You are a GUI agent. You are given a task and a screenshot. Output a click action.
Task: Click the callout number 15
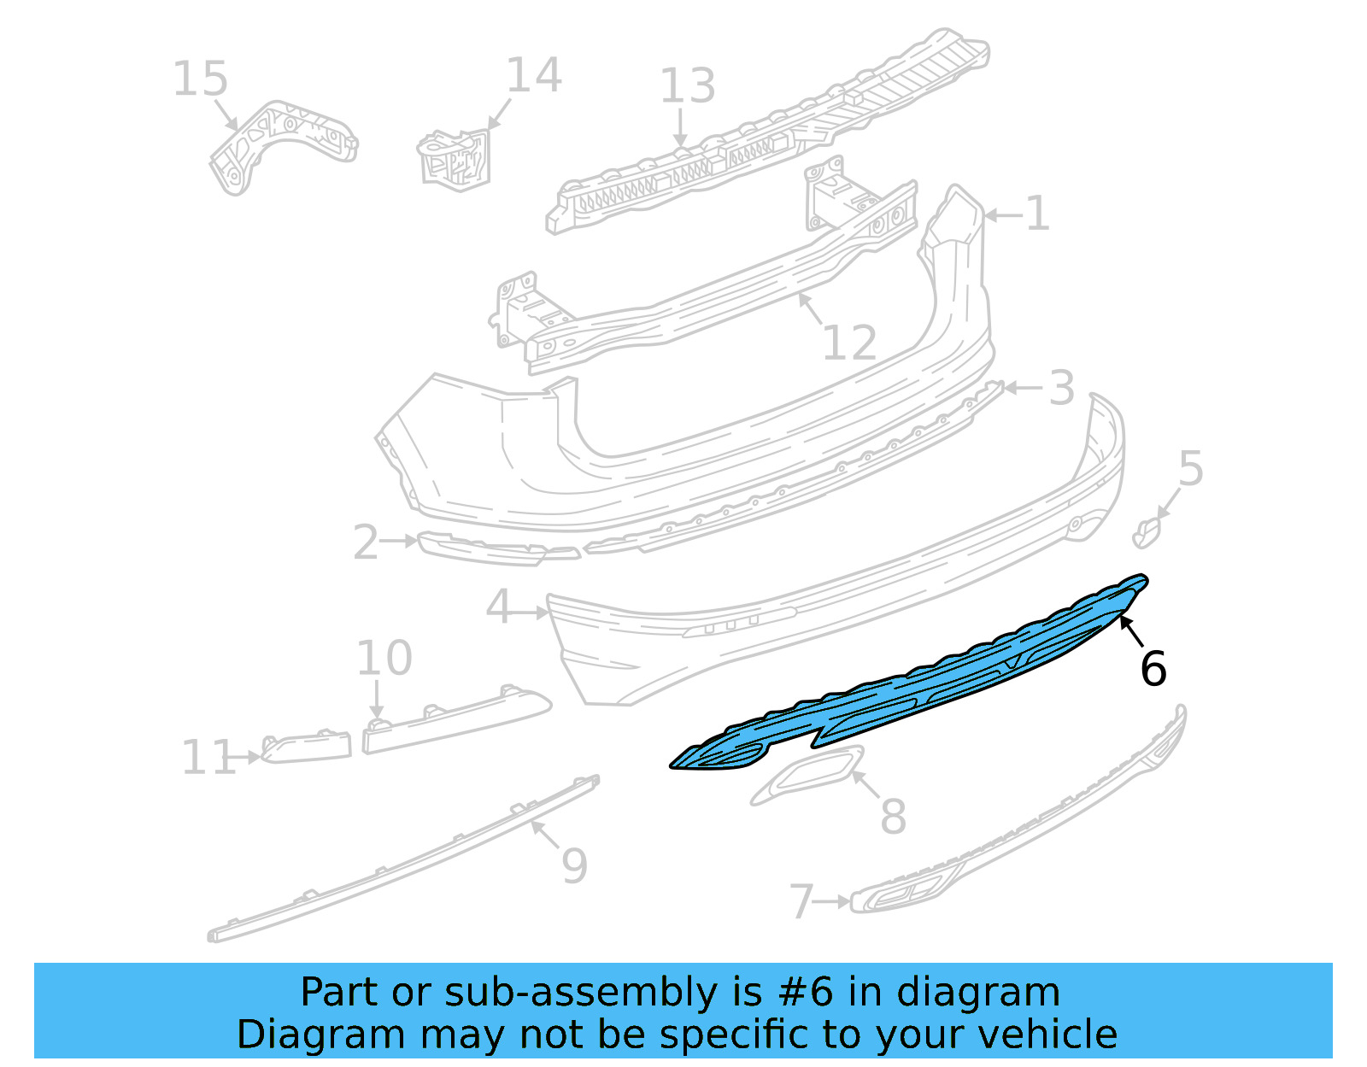(201, 79)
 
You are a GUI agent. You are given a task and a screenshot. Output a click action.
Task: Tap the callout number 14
(534, 75)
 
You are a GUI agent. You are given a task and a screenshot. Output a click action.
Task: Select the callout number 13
(688, 86)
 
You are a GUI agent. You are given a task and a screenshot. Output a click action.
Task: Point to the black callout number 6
(1153, 668)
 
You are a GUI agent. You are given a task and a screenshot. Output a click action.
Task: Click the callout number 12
(849, 343)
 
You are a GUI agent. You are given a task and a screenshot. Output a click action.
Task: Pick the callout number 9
(575, 865)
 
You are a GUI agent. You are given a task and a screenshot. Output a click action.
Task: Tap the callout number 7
(801, 902)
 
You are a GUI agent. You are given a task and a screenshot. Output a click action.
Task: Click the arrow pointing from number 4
(530, 612)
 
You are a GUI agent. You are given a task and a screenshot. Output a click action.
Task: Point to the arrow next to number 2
(399, 541)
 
